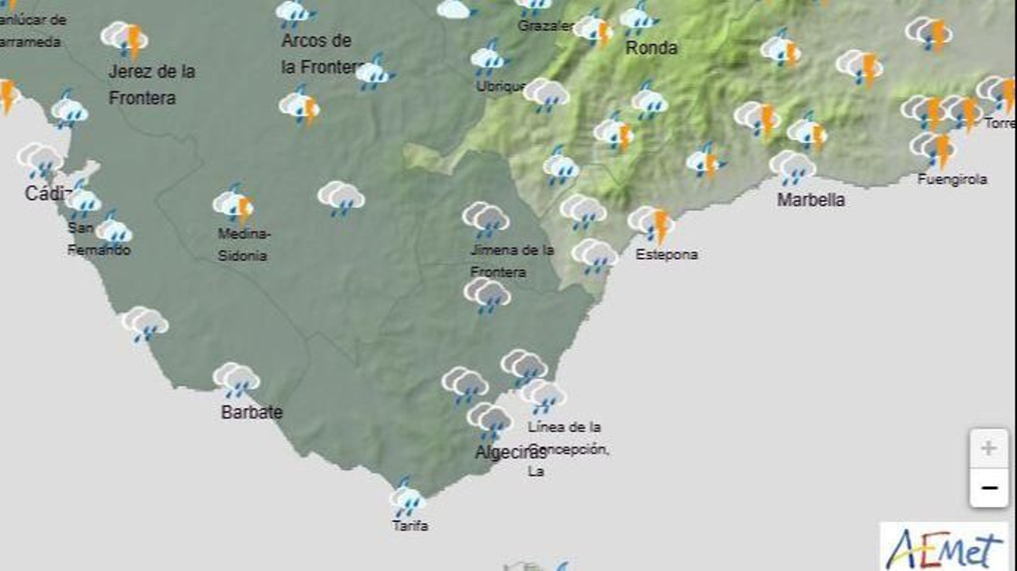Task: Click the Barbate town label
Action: point(252,412)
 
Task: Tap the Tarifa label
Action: point(410,526)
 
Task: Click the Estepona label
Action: point(667,254)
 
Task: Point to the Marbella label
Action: point(811,200)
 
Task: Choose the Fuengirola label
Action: point(952,180)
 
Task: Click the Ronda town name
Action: point(652,48)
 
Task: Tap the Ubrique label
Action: point(501,86)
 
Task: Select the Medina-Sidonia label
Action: point(243,245)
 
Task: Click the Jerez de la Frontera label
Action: point(151,84)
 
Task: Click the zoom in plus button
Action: point(988,448)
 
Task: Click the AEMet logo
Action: point(945,547)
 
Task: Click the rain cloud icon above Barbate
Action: point(236,380)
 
